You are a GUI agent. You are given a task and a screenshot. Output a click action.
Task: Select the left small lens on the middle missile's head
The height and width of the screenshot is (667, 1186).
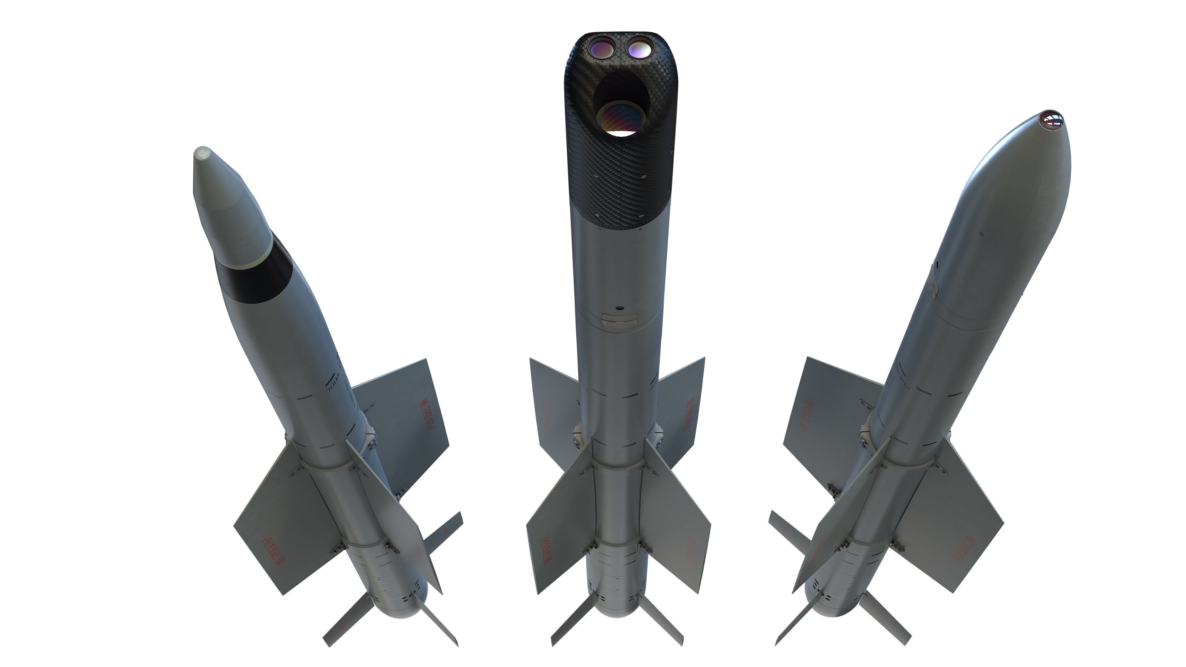(x=599, y=48)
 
